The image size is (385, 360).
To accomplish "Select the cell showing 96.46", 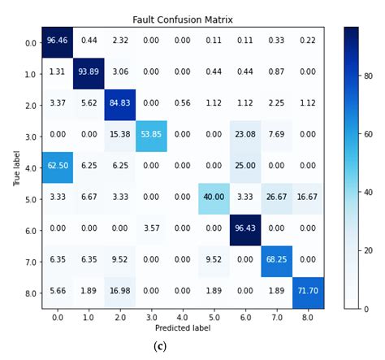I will pos(57,42).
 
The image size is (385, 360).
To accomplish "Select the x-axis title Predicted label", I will pos(184,328).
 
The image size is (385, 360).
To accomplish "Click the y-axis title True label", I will pos(15,167).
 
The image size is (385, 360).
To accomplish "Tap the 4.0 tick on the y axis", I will pos(30,168).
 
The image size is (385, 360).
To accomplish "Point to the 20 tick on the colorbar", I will pos(369,251).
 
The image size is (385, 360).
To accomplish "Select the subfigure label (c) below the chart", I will pos(159,346).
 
